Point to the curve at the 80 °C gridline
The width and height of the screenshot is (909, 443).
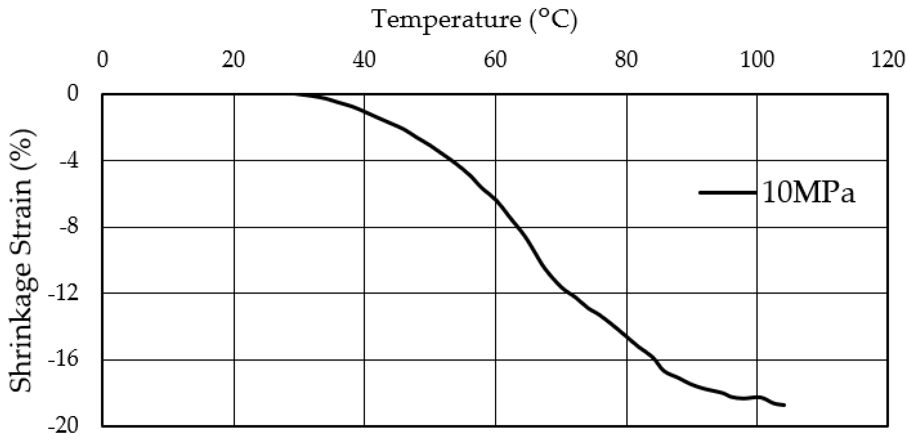(x=627, y=337)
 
